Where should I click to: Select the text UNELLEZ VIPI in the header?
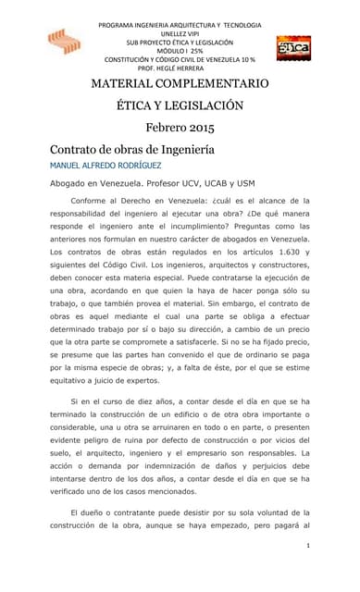coord(180,33)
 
